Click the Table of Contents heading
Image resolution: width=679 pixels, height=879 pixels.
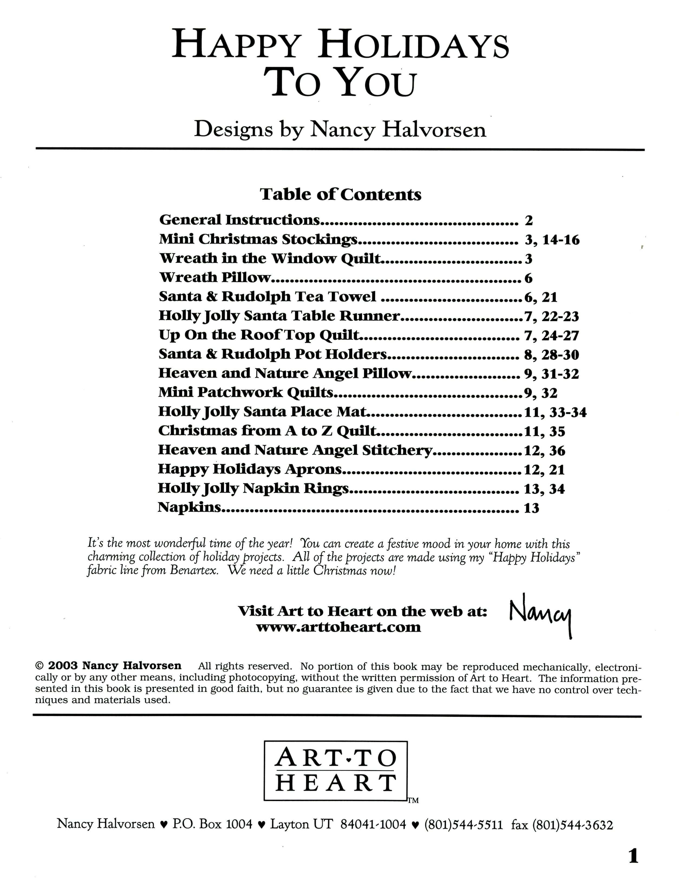(340, 194)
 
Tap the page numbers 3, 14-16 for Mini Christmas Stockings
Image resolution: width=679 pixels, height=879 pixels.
(552, 240)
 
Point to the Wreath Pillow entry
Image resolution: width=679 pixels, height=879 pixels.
(215, 277)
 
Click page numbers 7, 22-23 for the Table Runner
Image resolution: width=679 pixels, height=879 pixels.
(551, 316)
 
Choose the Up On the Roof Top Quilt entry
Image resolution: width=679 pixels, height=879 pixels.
(259, 335)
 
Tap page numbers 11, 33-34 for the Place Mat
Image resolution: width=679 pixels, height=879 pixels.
(555, 412)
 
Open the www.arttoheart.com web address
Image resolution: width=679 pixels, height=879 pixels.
(338, 627)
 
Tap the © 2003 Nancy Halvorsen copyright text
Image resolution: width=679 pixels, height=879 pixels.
(109, 666)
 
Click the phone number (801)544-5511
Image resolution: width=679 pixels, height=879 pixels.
(463, 825)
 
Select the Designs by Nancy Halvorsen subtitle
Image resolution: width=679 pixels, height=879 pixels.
(340, 129)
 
